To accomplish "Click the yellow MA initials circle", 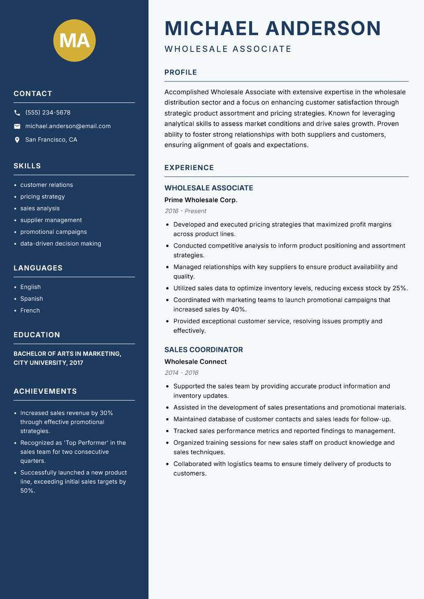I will click(x=74, y=40).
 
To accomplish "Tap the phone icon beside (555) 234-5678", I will click(x=17, y=113).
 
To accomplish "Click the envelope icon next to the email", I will click(x=17, y=126).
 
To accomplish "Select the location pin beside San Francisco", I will click(x=17, y=140).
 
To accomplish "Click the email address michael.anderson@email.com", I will click(x=68, y=126).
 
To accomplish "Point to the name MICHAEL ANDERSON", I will click(x=272, y=28).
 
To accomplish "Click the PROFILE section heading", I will click(x=181, y=73).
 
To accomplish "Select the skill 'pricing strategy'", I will click(x=42, y=197).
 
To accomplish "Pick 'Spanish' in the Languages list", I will click(x=32, y=299).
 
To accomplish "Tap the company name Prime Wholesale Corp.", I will click(x=201, y=200).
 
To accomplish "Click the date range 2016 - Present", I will click(x=185, y=211).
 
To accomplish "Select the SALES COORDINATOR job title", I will click(x=204, y=350).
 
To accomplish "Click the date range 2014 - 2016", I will click(x=181, y=373).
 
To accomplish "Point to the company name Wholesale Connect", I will click(x=196, y=362).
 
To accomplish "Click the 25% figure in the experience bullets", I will click(x=400, y=288).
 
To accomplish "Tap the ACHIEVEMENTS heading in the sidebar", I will click(x=45, y=391).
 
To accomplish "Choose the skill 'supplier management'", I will click(x=51, y=220).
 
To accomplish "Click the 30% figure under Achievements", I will click(x=106, y=413).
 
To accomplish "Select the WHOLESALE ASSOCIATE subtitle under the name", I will click(x=228, y=49).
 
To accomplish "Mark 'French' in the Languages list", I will click(x=30, y=311).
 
